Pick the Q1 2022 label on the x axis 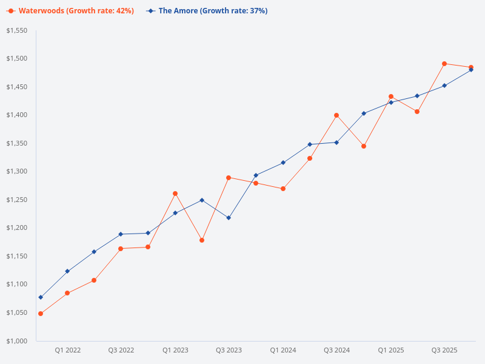pyautogui.click(x=67, y=351)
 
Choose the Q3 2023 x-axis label pyautogui.click(x=229, y=351)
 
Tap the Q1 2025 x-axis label pyautogui.click(x=391, y=351)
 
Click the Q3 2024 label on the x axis pyautogui.click(x=336, y=351)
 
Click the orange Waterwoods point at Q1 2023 pyautogui.click(x=175, y=194)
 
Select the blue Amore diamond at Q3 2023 pyautogui.click(x=229, y=218)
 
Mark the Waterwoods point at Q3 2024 pyautogui.click(x=336, y=115)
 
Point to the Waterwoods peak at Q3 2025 pyautogui.click(x=444, y=64)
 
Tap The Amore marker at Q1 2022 pyautogui.click(x=67, y=271)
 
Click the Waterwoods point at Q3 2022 pyautogui.click(x=121, y=249)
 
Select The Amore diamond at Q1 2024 pyautogui.click(x=283, y=163)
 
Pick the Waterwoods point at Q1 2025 pyautogui.click(x=391, y=96)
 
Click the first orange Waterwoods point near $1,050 pyautogui.click(x=41, y=314)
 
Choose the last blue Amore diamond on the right pyautogui.click(x=471, y=70)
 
